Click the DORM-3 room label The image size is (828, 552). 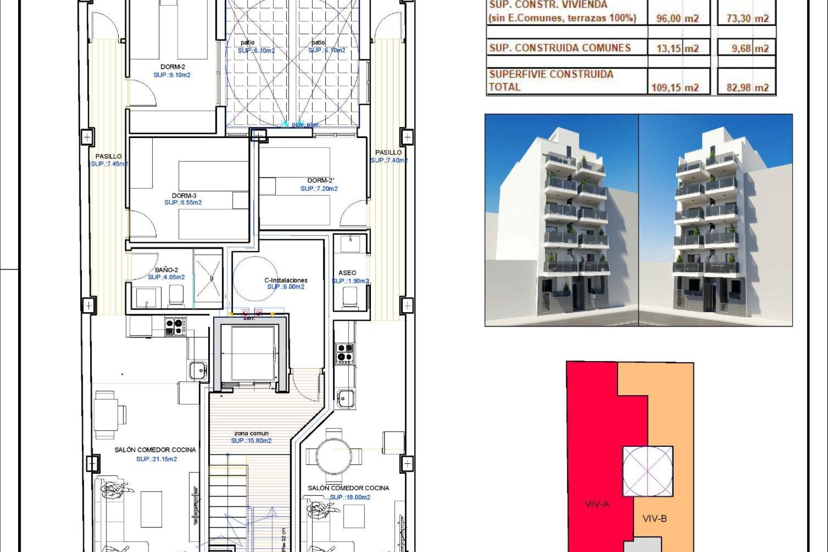pyautogui.click(x=184, y=195)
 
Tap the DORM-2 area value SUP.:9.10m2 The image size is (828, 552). pyautogui.click(x=172, y=75)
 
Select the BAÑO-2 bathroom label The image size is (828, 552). pyautogui.click(x=166, y=270)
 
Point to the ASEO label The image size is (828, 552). pyautogui.click(x=347, y=273)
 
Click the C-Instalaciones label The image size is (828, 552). pyautogui.click(x=285, y=280)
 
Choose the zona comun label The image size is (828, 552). pyautogui.click(x=251, y=433)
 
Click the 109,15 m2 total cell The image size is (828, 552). pyautogui.click(x=674, y=88)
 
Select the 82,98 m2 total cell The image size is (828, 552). pyautogui.click(x=747, y=88)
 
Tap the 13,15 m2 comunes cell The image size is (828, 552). pyautogui.click(x=677, y=48)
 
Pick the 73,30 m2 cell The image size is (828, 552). pyautogui.click(x=747, y=18)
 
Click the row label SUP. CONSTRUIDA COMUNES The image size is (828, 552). pyautogui.click(x=560, y=48)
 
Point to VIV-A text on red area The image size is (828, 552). pyautogui.click(x=597, y=504)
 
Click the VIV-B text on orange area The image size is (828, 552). pyautogui.click(x=654, y=518)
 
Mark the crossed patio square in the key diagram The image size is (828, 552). pyautogui.click(x=647, y=471)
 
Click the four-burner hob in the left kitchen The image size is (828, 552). pyautogui.click(x=175, y=326)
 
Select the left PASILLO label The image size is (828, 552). pyautogui.click(x=108, y=156)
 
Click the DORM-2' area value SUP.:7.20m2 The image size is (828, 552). pyautogui.click(x=319, y=188)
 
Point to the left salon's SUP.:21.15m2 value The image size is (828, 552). pyautogui.click(x=156, y=459)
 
